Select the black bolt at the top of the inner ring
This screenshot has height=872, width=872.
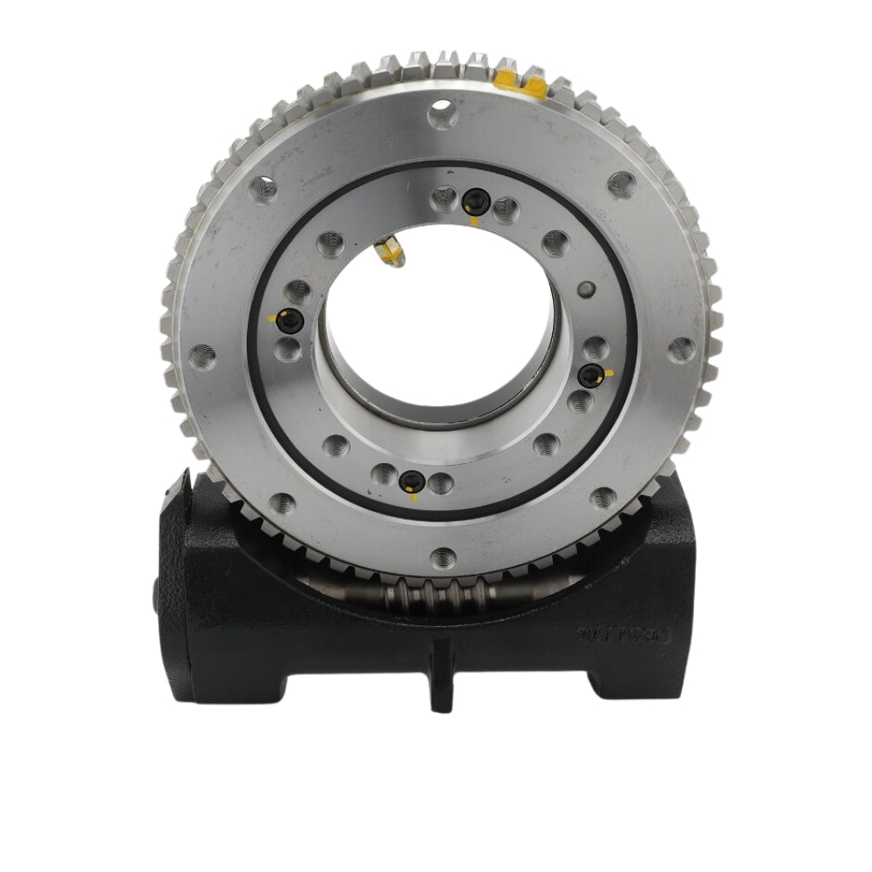[x=474, y=202]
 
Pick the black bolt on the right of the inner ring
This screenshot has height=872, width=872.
[x=592, y=375]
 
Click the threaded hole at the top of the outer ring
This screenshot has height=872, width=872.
[x=443, y=112]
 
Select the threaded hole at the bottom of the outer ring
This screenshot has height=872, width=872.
[x=444, y=555]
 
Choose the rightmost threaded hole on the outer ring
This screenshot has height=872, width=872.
[x=682, y=350]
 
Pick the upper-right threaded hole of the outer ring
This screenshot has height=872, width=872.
[x=621, y=183]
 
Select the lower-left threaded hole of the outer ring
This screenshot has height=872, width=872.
[x=281, y=502]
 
